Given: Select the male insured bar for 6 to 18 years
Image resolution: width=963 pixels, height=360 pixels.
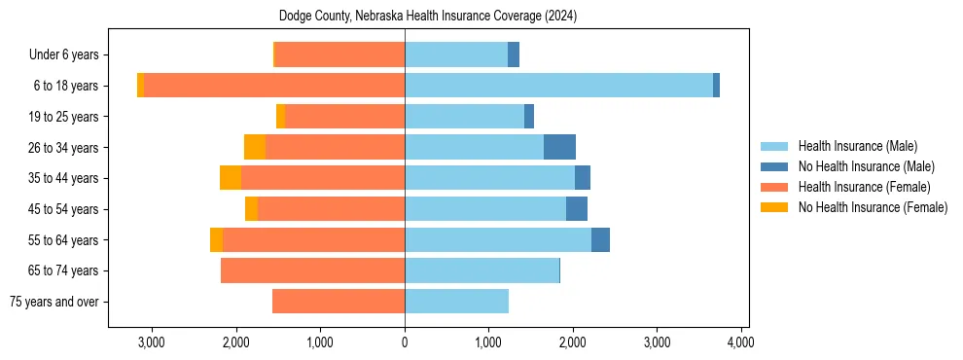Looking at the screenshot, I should pyautogui.click(x=558, y=86).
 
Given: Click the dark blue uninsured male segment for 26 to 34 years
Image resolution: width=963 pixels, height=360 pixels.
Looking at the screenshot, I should pyautogui.click(x=559, y=147).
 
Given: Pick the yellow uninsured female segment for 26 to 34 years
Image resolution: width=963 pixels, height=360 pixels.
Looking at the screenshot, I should pyautogui.click(x=255, y=147).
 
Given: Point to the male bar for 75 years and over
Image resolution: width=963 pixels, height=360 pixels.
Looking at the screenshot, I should pyautogui.click(x=456, y=302).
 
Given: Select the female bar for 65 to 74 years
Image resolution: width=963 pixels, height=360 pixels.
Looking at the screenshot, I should pyautogui.click(x=312, y=270).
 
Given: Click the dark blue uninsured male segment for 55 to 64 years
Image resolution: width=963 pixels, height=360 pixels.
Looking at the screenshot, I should pyautogui.click(x=600, y=239).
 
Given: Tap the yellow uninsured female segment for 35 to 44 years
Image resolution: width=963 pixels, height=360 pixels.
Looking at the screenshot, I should pyautogui.click(x=231, y=178).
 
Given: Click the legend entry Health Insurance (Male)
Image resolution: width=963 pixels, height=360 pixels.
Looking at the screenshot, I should pyautogui.click(x=857, y=146).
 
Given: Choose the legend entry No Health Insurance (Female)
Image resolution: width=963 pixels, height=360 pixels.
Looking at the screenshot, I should pyautogui.click(x=873, y=207).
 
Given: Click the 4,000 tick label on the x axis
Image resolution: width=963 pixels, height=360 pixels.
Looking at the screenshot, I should pyautogui.click(x=741, y=342).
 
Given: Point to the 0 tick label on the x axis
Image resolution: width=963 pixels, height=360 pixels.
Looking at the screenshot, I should pyautogui.click(x=405, y=342).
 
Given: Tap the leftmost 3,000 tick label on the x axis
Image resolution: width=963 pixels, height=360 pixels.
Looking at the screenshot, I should pyautogui.click(x=152, y=342).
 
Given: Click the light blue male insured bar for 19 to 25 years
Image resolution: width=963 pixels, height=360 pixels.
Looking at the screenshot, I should pyautogui.click(x=464, y=117).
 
